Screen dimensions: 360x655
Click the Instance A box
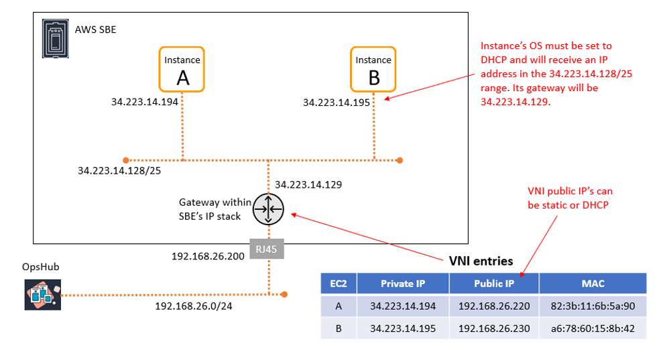click(x=182, y=69)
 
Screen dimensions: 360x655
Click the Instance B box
click(x=373, y=69)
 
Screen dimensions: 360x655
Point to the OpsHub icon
click(x=42, y=294)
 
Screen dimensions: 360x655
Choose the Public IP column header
click(x=493, y=284)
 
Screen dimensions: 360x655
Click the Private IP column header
click(x=402, y=284)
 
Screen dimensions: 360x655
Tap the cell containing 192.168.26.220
click(x=493, y=306)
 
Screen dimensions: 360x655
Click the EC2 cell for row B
click(x=338, y=328)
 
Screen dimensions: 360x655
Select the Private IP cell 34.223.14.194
click(x=402, y=306)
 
